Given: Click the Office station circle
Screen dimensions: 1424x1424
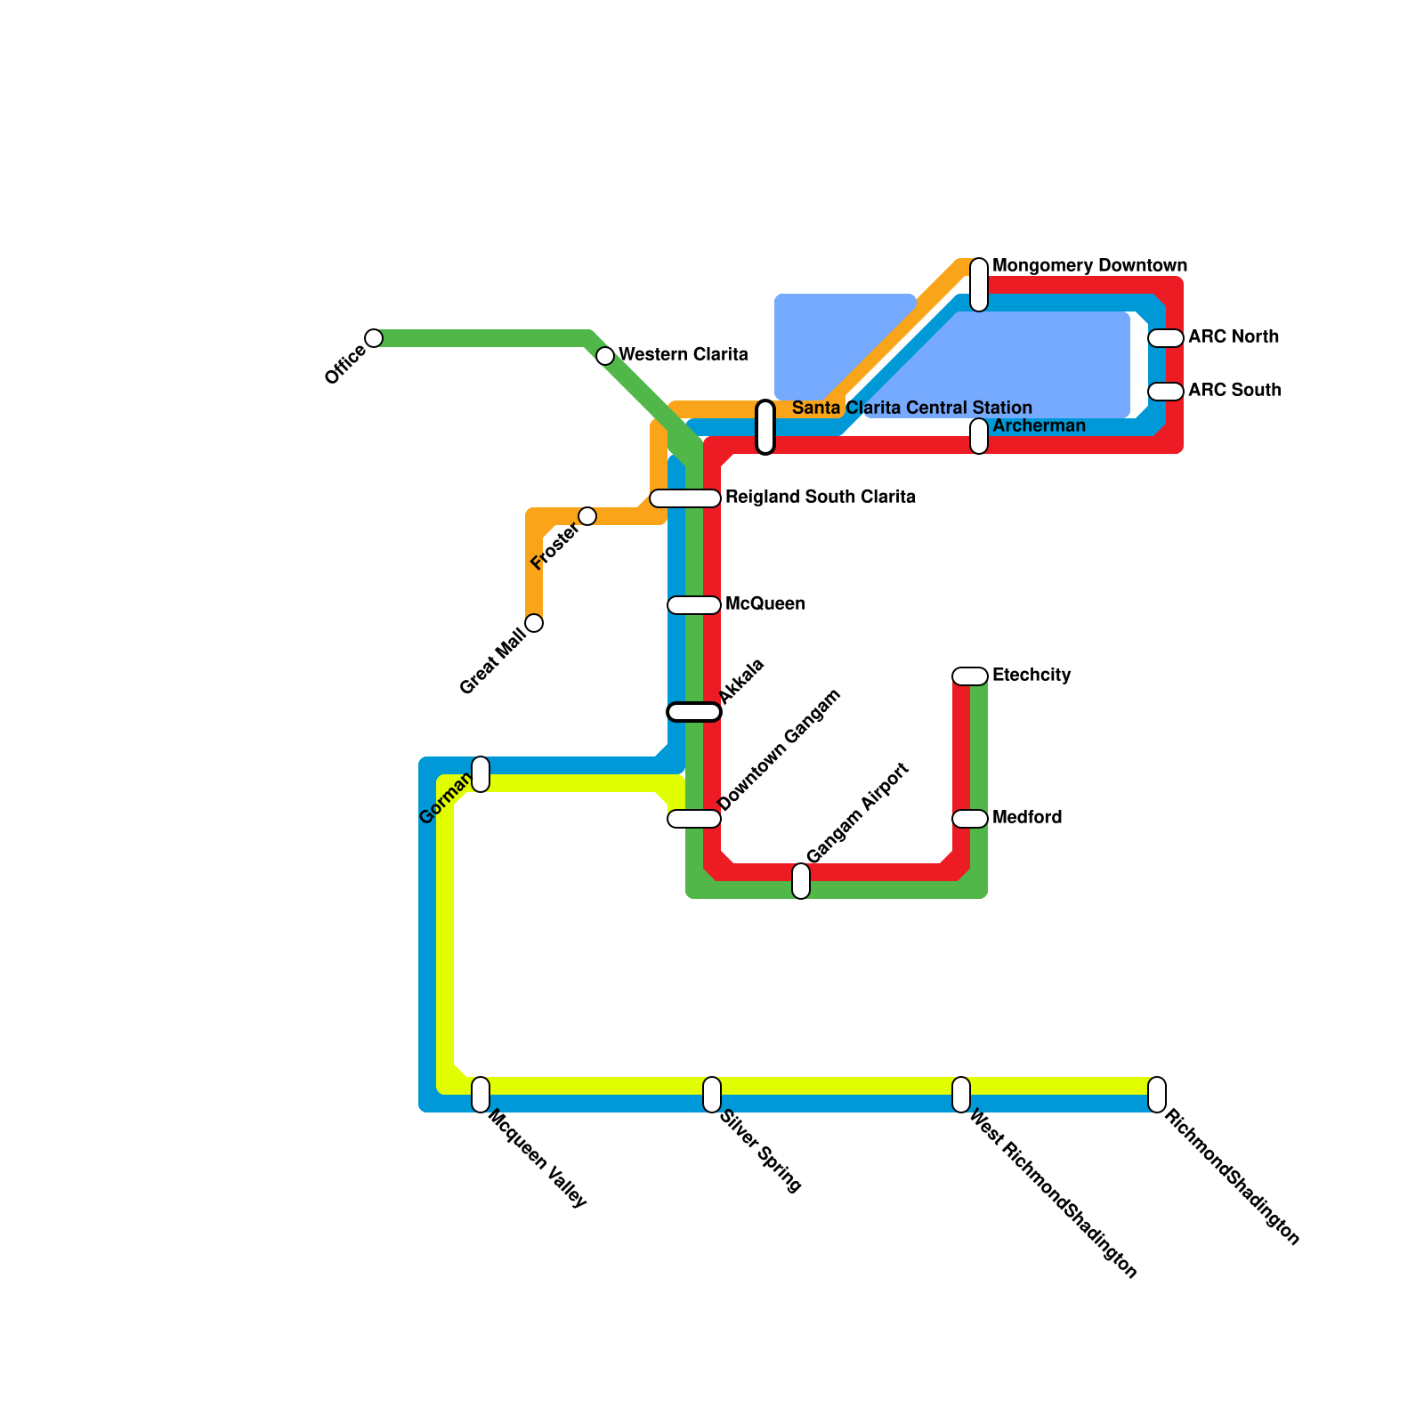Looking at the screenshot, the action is click(374, 338).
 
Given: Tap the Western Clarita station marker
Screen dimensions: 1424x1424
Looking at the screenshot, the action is click(605, 356).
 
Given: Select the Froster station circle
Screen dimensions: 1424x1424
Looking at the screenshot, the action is click(587, 516).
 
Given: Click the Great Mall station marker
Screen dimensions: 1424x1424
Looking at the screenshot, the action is click(534, 623).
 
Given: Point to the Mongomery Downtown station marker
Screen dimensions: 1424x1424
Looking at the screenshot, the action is click(979, 285).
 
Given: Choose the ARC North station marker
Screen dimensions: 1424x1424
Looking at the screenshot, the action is click(1166, 338).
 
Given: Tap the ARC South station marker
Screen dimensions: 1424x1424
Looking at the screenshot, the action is click(1166, 392).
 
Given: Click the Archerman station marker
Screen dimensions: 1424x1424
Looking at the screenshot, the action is click(979, 436).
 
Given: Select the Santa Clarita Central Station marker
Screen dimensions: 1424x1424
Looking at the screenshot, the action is click(765, 427).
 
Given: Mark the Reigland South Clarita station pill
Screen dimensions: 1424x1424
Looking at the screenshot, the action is click(685, 498).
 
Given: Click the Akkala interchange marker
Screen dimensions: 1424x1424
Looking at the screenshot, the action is click(694, 712).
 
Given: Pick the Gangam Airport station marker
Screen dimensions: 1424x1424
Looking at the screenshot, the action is click(801, 881).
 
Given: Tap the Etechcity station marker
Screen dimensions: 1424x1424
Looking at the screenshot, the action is click(970, 676).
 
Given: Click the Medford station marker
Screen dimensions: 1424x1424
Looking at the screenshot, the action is click(970, 819).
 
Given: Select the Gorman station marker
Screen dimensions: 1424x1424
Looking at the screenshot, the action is click(481, 774).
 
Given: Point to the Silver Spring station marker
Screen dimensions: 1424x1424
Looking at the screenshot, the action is click(712, 1095).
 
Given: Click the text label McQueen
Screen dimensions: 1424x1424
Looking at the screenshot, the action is click(765, 604).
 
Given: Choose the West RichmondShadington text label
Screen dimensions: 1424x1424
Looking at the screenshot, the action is click(1052, 1193).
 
